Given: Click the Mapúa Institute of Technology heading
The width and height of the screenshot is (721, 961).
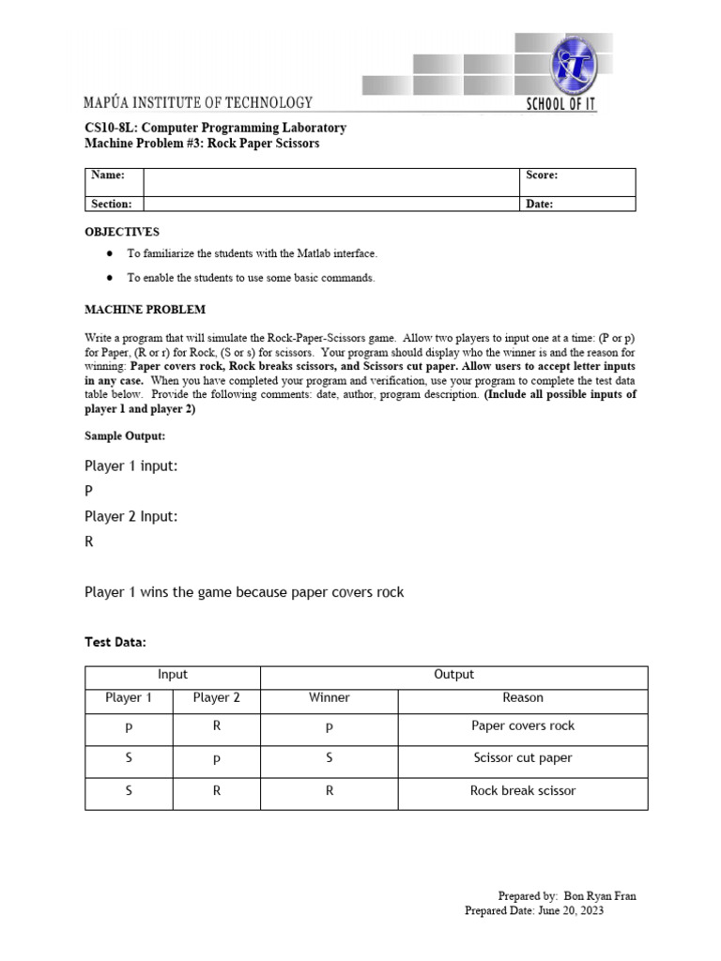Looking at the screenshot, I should click(x=198, y=102).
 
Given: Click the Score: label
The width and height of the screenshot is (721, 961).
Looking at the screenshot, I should click(x=542, y=175).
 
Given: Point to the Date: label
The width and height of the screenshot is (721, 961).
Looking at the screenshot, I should click(x=539, y=204).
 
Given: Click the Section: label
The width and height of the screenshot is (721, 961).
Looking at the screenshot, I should click(x=111, y=204).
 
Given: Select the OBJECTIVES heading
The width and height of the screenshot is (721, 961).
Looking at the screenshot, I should click(x=122, y=232).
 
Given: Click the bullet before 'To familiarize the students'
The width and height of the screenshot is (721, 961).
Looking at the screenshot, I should click(x=110, y=253).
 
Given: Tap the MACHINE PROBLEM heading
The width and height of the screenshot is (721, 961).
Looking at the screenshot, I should click(x=145, y=309).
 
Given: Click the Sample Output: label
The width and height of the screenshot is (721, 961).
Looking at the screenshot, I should click(x=125, y=436).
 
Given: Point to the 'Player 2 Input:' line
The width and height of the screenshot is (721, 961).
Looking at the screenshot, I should click(x=130, y=516).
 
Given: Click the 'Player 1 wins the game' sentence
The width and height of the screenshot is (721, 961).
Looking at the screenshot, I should click(x=244, y=592).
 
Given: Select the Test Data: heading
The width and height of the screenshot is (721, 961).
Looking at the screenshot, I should click(x=115, y=642).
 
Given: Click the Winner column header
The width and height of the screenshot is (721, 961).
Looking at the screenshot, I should click(x=329, y=697).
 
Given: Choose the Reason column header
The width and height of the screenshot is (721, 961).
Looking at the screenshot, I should click(x=523, y=697).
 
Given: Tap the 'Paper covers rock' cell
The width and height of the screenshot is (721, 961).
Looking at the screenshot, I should click(x=523, y=725).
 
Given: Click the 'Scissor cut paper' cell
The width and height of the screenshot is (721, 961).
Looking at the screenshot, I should click(x=523, y=758).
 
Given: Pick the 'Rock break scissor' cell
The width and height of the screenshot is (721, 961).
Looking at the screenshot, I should click(x=523, y=791).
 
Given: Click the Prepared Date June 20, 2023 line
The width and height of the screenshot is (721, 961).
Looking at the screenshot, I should click(x=534, y=910).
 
